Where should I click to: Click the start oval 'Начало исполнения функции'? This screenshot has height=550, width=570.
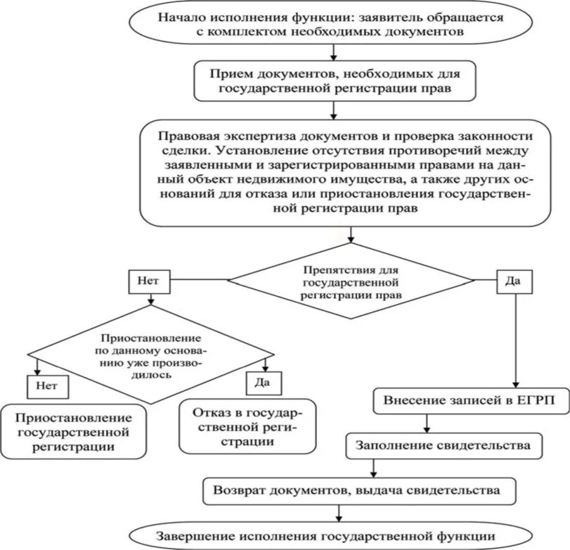pos(330,23)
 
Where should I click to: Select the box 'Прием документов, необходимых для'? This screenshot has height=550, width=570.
pos(335,81)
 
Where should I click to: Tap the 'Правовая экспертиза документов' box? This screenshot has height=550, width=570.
pos(345,173)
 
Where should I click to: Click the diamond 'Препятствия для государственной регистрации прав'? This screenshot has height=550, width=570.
pos(351,281)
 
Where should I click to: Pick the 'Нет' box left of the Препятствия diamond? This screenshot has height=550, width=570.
pos(149,281)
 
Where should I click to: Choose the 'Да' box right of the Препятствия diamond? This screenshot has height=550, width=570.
pos(514,281)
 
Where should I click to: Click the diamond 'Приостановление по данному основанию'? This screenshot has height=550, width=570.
pos(151,354)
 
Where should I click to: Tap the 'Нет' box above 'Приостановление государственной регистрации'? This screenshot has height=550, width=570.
pos(48,386)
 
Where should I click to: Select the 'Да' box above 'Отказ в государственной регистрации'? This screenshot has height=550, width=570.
pos(264,383)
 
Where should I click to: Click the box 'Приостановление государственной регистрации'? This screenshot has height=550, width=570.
pos(73,431)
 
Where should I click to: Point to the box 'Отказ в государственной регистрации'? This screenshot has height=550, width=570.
pos(247,426)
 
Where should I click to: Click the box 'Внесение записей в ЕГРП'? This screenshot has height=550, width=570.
pos(471,401)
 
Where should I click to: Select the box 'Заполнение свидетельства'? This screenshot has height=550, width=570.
pos(444,446)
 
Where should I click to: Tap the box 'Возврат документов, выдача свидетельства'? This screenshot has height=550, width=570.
pos(359,491)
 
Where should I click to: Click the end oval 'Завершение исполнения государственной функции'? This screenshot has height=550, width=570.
pos(330,537)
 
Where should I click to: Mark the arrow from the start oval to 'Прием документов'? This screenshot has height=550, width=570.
pos(334,53)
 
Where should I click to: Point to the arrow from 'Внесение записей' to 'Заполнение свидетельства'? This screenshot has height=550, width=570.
pos(427,423)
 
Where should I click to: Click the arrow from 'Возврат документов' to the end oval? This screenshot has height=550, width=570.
pos(339,513)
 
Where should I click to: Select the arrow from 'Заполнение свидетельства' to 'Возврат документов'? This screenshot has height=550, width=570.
pos(373,468)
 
